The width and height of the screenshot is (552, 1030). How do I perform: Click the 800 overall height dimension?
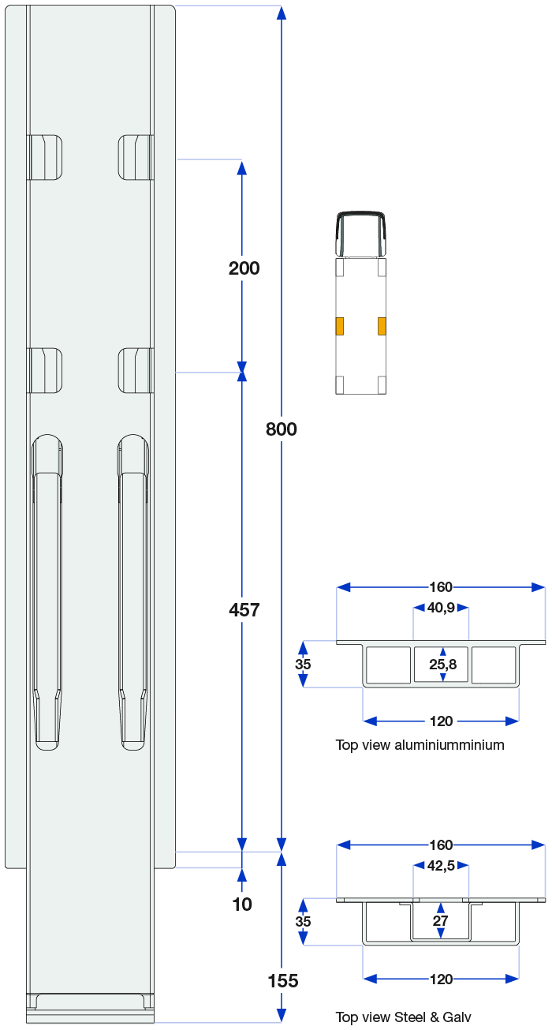(x=282, y=429)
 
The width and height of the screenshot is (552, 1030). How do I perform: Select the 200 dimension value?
(x=244, y=268)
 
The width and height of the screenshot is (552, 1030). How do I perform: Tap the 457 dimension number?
(x=244, y=610)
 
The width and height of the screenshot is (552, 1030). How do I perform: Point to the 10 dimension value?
(x=242, y=905)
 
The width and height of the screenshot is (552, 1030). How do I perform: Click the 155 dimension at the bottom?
(x=282, y=981)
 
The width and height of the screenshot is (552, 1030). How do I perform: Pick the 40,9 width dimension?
(x=442, y=608)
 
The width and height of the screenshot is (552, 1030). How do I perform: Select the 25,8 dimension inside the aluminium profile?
(x=442, y=665)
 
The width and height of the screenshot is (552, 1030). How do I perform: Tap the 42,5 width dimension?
(x=442, y=866)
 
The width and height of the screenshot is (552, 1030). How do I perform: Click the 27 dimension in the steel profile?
(x=441, y=921)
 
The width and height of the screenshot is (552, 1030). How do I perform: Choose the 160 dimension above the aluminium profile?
(x=441, y=586)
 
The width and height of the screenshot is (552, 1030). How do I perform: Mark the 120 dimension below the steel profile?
(x=441, y=979)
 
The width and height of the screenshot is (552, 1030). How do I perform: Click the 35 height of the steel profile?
(x=303, y=921)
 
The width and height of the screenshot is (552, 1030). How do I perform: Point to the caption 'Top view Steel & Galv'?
(x=403, y=1017)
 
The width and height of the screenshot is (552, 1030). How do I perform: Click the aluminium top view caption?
(x=420, y=744)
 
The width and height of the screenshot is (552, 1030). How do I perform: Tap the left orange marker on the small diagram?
(x=340, y=325)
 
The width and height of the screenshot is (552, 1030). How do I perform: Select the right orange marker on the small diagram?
(x=382, y=325)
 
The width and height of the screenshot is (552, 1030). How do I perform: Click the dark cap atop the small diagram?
(x=361, y=234)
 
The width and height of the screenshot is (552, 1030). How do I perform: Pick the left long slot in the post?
(x=47, y=592)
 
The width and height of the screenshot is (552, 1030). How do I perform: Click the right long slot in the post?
(x=132, y=592)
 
